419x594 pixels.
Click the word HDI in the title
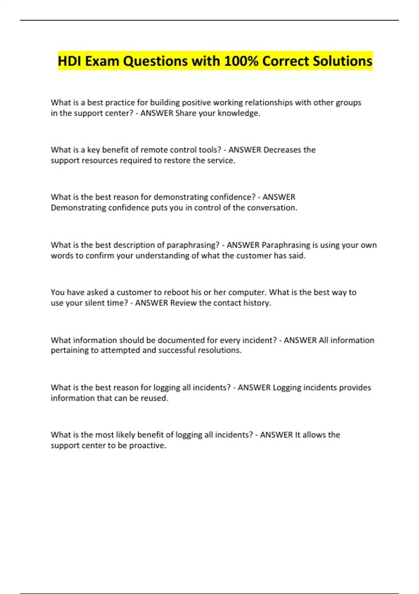pos(69,61)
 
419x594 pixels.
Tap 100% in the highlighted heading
pos(241,61)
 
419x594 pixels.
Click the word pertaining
pos(69,350)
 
